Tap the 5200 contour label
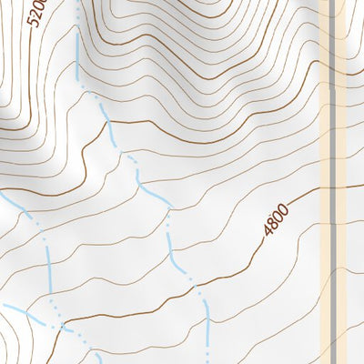click(35, 13)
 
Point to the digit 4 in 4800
click(269, 231)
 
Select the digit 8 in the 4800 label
click(274, 224)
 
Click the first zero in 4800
click(278, 217)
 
